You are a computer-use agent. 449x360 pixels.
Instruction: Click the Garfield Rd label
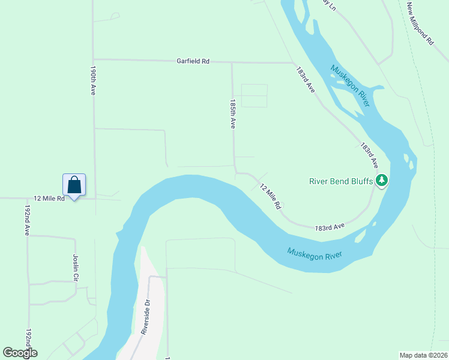pos(193,61)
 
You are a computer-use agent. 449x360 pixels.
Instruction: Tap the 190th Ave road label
pos(93,80)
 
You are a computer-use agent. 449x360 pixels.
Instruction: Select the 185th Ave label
pos(233,114)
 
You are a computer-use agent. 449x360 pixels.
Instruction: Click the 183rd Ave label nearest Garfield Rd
pos(306,79)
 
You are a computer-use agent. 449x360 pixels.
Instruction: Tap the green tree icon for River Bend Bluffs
pos(381,180)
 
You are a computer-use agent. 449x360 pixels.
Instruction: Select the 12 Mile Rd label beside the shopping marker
pos(49,198)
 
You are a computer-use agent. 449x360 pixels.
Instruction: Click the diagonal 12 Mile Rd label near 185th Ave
pos(271,196)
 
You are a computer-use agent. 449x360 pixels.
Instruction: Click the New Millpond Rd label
pos(420,23)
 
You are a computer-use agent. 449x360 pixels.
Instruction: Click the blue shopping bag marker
pos(74,185)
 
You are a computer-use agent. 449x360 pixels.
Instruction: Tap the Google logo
pos(20,353)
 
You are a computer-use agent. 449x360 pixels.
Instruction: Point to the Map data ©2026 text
pos(423,355)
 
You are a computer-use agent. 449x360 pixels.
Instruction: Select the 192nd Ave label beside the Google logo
pos(28,342)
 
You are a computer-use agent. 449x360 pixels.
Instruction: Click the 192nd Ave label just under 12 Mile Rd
pos(27,220)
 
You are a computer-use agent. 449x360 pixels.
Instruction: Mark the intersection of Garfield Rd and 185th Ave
pos(232,62)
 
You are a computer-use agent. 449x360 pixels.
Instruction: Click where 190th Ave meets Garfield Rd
pos(93,59)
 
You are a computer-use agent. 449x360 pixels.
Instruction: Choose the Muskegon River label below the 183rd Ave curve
pos(314,253)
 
